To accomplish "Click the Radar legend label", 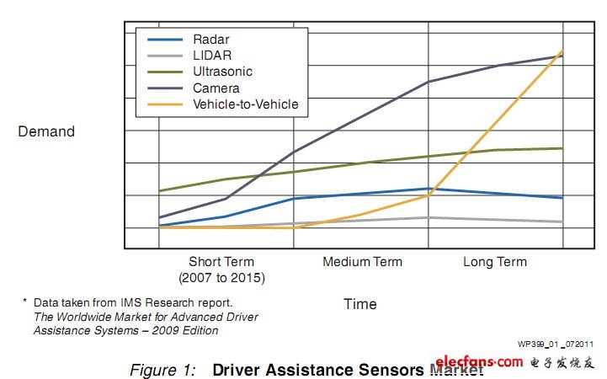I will point(210,40).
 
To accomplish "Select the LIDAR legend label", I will point(210,56).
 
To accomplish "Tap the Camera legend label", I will point(216,88).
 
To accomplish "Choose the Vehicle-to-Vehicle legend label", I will point(246,104).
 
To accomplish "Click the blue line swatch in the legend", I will point(166,40).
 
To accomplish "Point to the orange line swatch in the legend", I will point(166,104).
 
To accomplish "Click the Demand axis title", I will point(46,131).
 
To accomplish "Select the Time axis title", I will point(360,303).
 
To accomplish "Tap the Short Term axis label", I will point(221,262).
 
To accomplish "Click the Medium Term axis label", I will point(362,262).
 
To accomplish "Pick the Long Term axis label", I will point(495,262).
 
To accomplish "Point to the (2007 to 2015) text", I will point(221,277).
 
